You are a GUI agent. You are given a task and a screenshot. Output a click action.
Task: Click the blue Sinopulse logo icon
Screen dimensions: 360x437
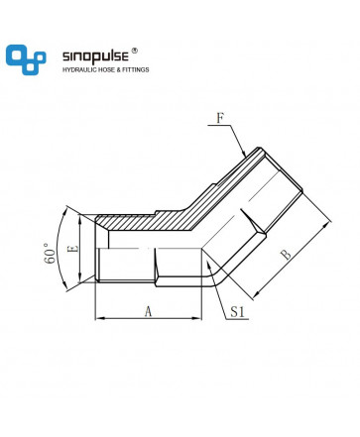[26, 59]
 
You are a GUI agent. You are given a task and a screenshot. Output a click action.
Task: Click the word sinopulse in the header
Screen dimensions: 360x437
[95, 56]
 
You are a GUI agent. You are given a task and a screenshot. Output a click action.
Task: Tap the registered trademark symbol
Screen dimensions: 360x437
[135, 51]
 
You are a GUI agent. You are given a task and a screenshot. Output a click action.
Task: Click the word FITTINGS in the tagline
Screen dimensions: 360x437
[136, 69]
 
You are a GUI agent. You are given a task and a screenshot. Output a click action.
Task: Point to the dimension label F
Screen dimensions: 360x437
[220, 118]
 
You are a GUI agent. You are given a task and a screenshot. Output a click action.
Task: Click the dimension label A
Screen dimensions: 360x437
[148, 311]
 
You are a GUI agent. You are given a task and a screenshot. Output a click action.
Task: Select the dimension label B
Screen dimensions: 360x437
[286, 255]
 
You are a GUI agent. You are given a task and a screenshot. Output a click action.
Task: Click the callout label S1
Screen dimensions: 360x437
[238, 311]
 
